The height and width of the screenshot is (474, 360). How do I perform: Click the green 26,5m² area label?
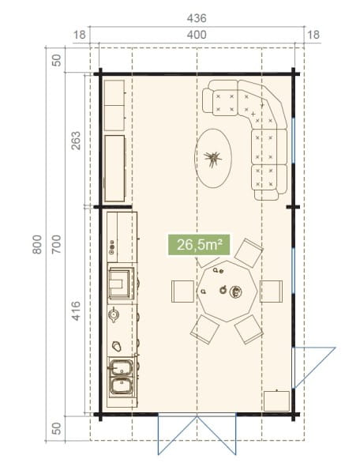point(199,245)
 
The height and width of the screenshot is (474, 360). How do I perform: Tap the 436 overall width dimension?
point(197,18)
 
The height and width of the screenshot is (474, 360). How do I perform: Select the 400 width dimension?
point(197,35)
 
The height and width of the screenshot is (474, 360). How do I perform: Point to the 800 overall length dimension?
point(37,244)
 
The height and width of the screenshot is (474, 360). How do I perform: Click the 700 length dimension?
point(57,244)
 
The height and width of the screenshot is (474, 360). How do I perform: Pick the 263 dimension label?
point(76,141)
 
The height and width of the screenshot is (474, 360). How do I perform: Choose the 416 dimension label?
point(76,310)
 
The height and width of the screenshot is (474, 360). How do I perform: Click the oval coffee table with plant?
point(213,159)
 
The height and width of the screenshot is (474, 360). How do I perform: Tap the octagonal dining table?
point(227,292)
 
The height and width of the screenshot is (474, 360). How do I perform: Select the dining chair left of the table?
point(182,292)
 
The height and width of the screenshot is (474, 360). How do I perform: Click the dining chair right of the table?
point(272,292)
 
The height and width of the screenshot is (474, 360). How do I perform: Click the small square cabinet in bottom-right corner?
point(276,401)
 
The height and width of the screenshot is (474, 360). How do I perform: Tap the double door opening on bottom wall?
point(197,434)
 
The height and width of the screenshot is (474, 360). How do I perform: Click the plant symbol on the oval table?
point(212,159)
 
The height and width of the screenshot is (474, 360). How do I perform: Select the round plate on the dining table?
point(235,292)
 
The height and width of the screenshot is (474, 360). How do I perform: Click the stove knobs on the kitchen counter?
point(112,247)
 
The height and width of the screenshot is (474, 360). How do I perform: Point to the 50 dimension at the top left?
point(57,60)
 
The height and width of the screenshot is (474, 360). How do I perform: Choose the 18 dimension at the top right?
point(313,35)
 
